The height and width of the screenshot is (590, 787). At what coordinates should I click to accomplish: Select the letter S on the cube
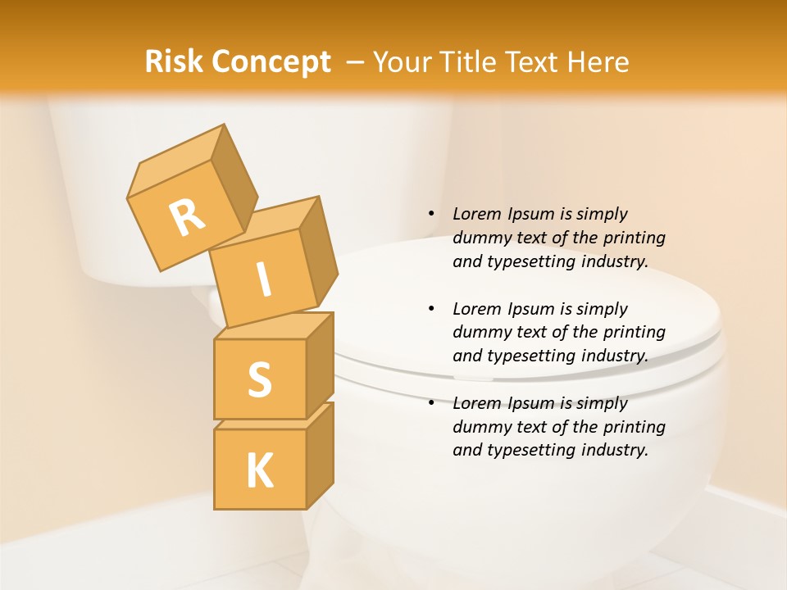pyautogui.click(x=259, y=379)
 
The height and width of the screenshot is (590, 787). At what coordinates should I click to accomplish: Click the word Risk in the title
pyautogui.click(x=174, y=61)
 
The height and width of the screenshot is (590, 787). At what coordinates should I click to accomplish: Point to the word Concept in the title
pyautogui.click(x=271, y=63)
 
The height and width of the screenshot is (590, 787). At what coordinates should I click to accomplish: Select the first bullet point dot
pyautogui.click(x=431, y=214)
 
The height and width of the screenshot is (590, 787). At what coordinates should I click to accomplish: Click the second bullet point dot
pyautogui.click(x=431, y=309)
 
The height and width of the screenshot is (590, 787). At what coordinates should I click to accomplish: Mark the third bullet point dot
pyautogui.click(x=431, y=403)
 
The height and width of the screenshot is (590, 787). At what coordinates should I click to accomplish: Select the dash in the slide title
pyautogui.click(x=356, y=63)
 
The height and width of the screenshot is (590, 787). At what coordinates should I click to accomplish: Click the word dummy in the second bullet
pyautogui.click(x=480, y=333)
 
